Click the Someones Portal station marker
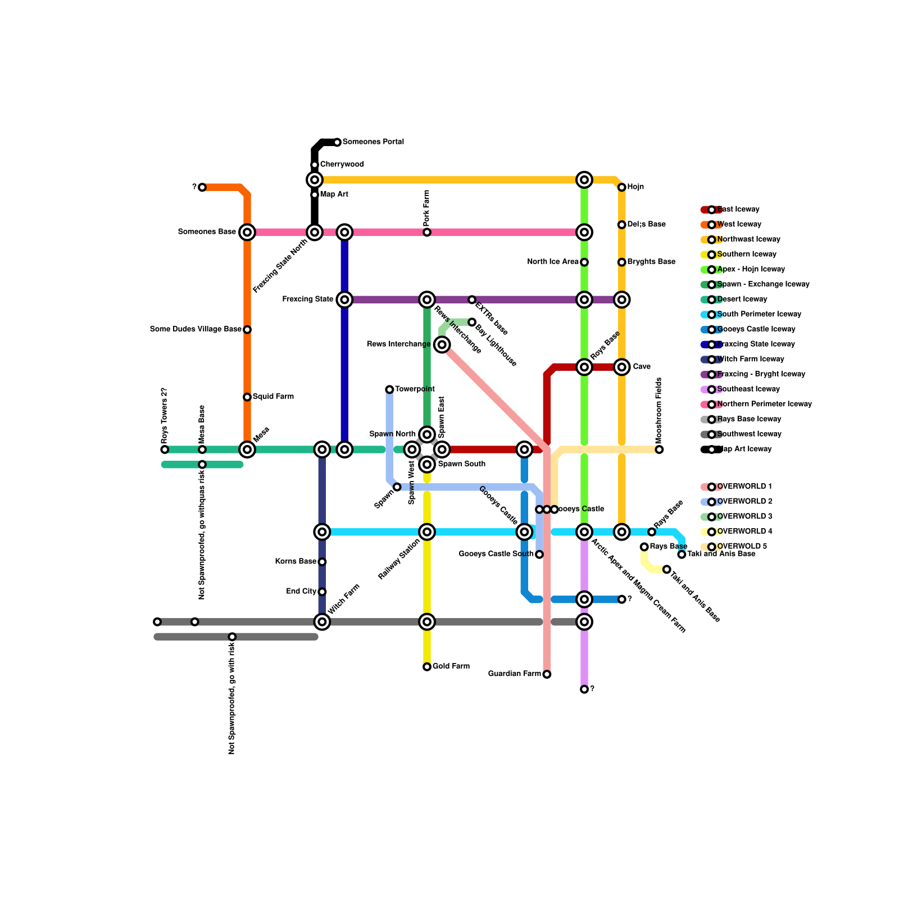[x=337, y=142]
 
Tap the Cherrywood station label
[x=342, y=165]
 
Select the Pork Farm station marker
[x=427, y=232]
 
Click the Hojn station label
[x=635, y=187]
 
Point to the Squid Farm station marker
[x=247, y=397]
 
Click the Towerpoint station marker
[x=389, y=389]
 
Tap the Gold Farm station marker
[x=427, y=667]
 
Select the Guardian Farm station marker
[x=547, y=674]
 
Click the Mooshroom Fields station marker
[x=659, y=449]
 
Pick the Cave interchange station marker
[x=622, y=367]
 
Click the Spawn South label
[x=461, y=464]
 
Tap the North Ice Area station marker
[x=584, y=262]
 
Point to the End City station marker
[x=322, y=592]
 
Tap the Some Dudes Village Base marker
[x=247, y=330]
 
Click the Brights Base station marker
[x=622, y=262]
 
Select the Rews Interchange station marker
[x=442, y=344]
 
